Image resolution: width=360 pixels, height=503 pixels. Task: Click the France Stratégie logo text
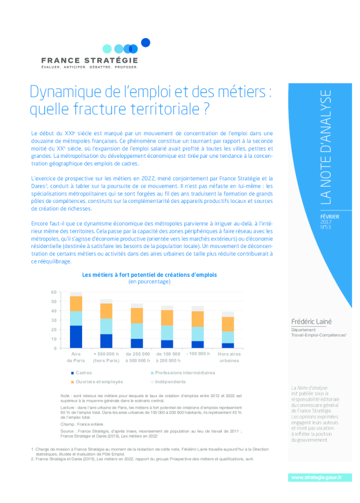(90, 60)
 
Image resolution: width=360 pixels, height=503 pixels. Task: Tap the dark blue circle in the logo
(146, 42)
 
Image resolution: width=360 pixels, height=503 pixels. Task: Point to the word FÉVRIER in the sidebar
(330, 216)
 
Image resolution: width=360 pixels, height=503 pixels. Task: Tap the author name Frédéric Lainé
(311, 321)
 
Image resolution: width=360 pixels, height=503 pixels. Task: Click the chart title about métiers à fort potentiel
(150, 275)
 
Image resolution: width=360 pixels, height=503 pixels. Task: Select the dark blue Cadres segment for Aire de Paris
(76, 337)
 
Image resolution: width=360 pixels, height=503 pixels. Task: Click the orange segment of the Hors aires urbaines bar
(228, 324)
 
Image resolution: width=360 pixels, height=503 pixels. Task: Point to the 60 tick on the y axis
(54, 293)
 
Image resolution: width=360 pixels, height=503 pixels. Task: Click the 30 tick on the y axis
(54, 320)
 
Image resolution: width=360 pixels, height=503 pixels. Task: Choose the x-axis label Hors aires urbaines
(228, 357)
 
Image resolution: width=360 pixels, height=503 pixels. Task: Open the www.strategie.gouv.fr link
(316, 477)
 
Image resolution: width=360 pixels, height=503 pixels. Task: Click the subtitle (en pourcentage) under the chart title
(150, 282)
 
